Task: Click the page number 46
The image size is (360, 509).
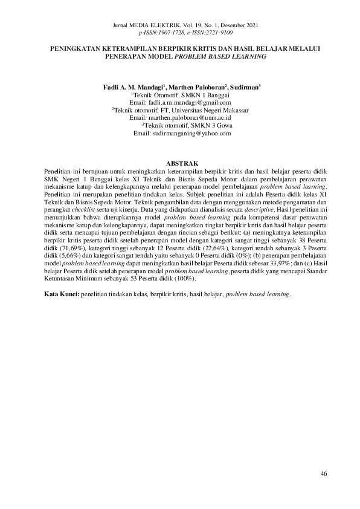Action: pyautogui.click(x=324, y=473)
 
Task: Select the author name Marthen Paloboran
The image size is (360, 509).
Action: pyautogui.click(x=195, y=88)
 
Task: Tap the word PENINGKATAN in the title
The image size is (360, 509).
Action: pyautogui.click(x=76, y=47)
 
